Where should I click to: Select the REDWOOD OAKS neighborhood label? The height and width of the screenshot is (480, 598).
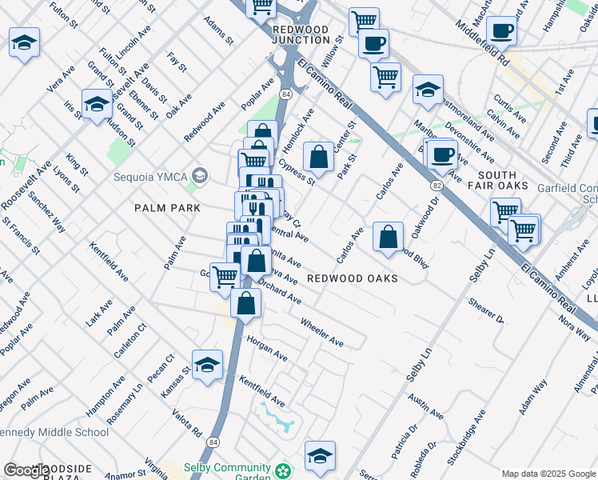[x=353, y=278]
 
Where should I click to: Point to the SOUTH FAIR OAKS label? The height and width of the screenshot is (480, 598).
[x=503, y=180]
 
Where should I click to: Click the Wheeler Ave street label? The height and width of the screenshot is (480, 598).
[x=321, y=332]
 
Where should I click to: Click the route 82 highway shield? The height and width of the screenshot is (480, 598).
[x=437, y=185]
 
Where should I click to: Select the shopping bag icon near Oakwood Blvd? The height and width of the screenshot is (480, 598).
[x=388, y=236]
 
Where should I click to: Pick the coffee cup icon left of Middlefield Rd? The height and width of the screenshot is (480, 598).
[x=501, y=31]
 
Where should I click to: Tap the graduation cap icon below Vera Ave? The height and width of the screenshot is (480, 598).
[x=97, y=105]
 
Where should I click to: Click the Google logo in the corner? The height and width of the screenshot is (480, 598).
[x=26, y=470]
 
